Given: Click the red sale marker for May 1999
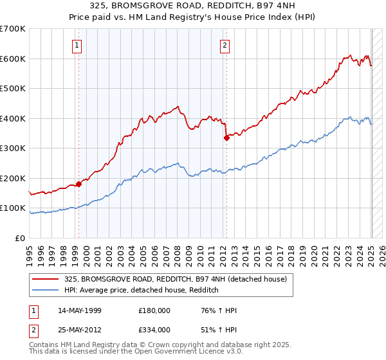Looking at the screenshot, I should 78,184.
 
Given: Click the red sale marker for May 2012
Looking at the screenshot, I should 226,138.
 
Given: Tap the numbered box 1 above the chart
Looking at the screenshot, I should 77,45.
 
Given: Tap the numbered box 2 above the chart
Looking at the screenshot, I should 225,45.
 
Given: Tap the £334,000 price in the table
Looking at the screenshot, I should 154,329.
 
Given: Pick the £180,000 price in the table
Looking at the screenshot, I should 154,310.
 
